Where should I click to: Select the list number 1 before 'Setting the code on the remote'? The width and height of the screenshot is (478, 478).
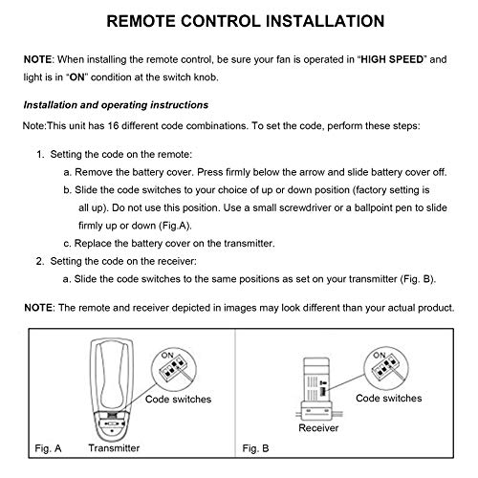39,153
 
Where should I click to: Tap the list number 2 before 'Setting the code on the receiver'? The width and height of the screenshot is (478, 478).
39,258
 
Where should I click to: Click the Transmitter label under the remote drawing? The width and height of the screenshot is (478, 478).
115,447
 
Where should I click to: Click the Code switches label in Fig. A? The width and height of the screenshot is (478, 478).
180,398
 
